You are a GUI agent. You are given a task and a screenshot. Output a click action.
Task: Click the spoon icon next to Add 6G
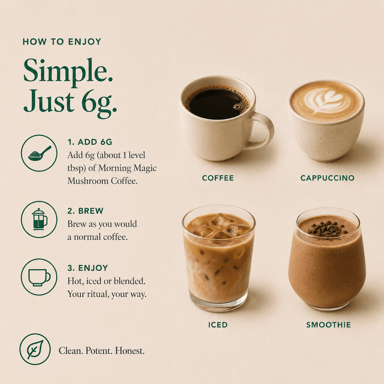coord(39,153)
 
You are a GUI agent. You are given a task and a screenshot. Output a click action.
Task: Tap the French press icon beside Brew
coord(39,219)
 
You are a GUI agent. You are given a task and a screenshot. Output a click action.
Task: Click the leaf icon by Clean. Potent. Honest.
coord(35,349)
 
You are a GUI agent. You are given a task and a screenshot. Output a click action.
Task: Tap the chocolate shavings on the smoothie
coord(327,229)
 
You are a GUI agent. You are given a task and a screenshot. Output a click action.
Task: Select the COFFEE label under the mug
coord(218,178)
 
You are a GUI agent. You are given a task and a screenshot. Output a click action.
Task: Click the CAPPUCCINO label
coord(327,178)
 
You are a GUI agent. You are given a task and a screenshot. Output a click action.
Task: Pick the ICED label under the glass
coord(218,325)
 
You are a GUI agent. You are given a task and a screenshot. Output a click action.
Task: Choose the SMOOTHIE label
coord(329,325)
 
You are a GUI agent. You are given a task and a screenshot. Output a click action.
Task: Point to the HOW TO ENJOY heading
coord(62,42)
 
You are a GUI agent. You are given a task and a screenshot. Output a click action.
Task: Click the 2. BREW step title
coord(85,211)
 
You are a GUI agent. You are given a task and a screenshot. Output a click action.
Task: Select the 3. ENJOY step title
coord(87,268)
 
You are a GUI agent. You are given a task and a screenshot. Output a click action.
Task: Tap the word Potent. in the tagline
coord(99,351)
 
